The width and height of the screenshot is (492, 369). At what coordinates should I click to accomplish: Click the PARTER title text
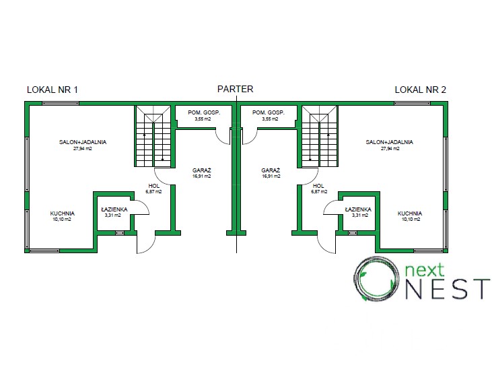coord(235,89)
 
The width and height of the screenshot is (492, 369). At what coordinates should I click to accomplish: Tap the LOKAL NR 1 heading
coord(52,89)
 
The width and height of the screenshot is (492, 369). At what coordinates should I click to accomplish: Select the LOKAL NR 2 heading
coord(420,89)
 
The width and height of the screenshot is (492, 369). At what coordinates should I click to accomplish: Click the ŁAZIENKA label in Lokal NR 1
coord(114,209)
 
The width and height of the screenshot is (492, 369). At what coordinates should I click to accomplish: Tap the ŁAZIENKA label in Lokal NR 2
coord(357,209)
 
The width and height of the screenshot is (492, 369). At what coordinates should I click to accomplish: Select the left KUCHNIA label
coord(62,213)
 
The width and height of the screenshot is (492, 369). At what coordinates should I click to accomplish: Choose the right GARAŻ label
coord(271,171)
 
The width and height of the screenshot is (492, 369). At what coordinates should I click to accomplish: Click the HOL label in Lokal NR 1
coord(154,186)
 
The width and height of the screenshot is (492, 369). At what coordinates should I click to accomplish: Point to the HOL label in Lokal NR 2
coord(318,186)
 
